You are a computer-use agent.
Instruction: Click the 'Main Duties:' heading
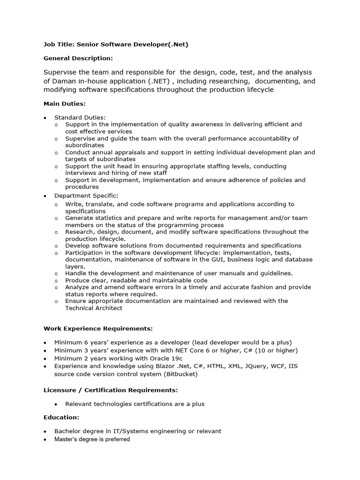click(64, 103)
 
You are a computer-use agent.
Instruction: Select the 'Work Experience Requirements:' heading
click(98, 328)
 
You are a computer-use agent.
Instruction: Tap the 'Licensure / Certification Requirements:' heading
click(111, 390)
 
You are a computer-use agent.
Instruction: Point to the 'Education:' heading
click(61, 417)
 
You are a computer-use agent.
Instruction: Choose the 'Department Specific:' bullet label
click(86, 195)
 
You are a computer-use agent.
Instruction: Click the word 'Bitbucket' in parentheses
click(183, 375)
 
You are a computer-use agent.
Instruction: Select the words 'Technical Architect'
click(94, 308)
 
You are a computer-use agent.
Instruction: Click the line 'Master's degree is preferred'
click(92, 439)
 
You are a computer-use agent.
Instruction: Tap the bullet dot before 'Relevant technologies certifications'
click(56, 404)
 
